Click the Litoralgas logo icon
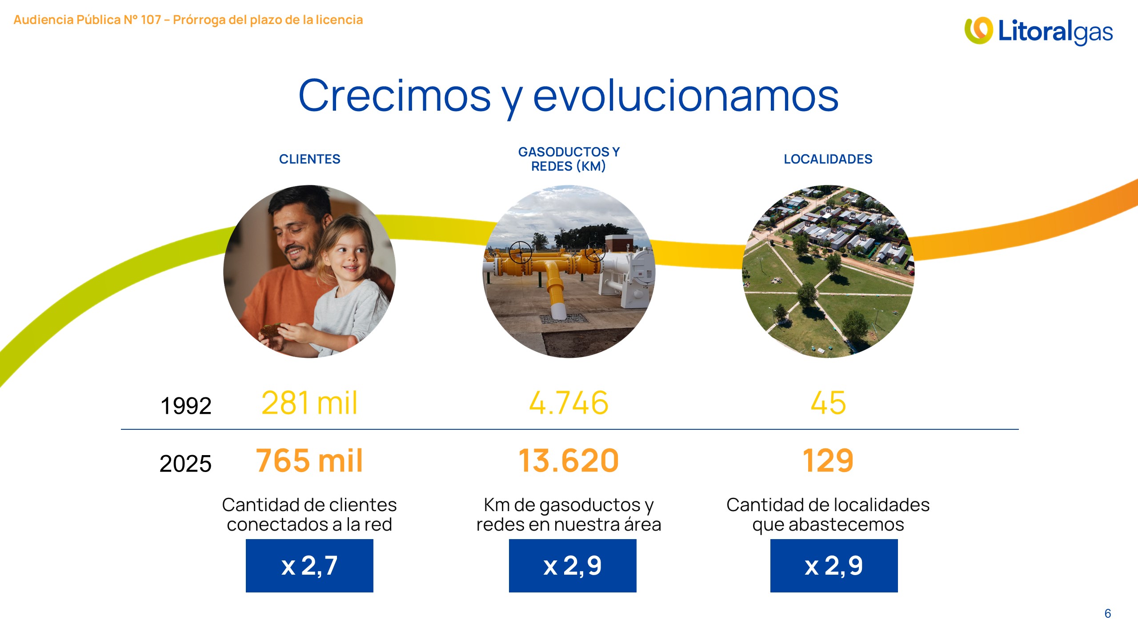click(x=978, y=31)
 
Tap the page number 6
click(x=1108, y=614)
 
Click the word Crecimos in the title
click(x=395, y=96)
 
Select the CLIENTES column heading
click(x=309, y=159)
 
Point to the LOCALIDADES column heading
click(x=828, y=159)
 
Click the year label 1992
click(x=186, y=406)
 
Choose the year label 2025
click(x=185, y=464)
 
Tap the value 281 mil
click(x=309, y=403)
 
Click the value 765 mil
click(x=309, y=460)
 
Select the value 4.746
click(x=569, y=403)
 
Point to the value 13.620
click(x=569, y=460)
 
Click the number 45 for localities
click(x=828, y=403)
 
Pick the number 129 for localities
click(x=828, y=460)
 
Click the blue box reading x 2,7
click(x=309, y=566)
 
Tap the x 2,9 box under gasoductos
click(x=573, y=566)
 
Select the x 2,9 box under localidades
click(x=834, y=566)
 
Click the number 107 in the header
click(x=151, y=20)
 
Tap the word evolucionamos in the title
click(x=686, y=96)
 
